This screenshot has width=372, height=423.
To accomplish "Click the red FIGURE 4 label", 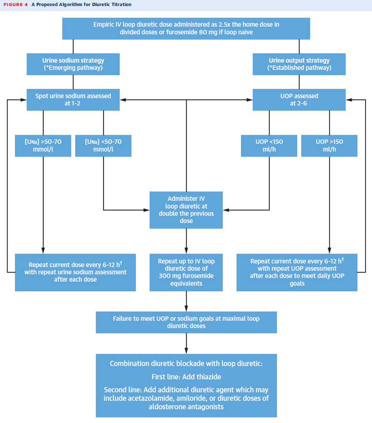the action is pos(15,5).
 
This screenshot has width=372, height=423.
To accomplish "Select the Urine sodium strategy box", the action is pos(73,64).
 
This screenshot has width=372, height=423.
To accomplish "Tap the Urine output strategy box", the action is pos(299,64).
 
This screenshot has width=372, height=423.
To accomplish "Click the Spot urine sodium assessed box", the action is pos(73,100).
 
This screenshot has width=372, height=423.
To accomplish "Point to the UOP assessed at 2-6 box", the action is pos(299,100).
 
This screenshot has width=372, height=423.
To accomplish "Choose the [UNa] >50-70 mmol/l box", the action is pos(43,146).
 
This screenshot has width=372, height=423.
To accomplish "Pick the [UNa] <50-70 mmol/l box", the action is pos(103,146).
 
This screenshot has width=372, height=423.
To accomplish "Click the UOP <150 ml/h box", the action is pos(269,146).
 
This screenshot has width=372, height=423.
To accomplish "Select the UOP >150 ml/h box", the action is pos(329,146).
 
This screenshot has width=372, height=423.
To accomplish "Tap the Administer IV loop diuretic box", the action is pos(186,210).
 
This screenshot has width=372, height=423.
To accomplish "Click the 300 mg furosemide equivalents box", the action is pos(186,272).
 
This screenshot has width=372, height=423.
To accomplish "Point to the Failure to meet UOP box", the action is pos(186,323).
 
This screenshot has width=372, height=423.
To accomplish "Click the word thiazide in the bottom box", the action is pos(209,377).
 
